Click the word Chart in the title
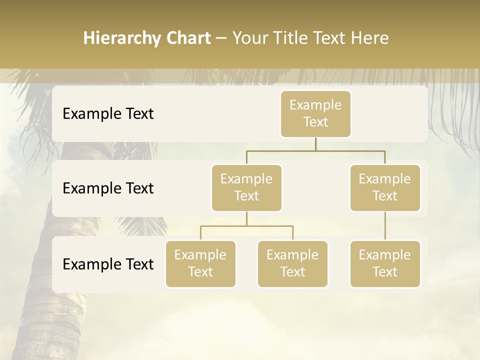pos(187,38)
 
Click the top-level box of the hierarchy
pos(315,114)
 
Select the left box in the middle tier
pos(246,187)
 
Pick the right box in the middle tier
pos(385,187)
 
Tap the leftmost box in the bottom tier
pos(200,263)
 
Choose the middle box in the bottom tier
pos(292,263)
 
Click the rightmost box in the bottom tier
pos(385,263)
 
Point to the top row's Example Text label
pos(108,114)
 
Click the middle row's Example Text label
pos(108,188)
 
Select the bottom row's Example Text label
pos(108,264)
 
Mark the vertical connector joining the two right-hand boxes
pos(385,226)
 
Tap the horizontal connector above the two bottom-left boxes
pos(246,226)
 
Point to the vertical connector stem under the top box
pos(315,144)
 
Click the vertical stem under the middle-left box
pos(246,218)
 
